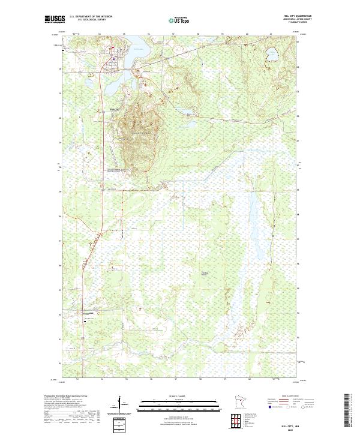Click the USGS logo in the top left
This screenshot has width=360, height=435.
coord(55,20)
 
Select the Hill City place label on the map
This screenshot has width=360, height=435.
coord(114,109)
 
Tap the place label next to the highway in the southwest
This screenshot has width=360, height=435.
coord(89,313)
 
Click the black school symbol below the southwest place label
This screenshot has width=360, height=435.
coord(85,320)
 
